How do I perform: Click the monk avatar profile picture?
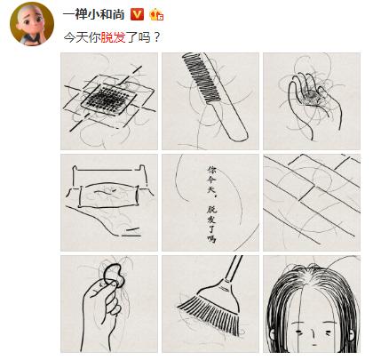pos(32,24)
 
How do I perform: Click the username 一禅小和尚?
pos(93,14)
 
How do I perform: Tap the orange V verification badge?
pos(137,14)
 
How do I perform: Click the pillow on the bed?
pos(108,195)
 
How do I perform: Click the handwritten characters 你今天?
pos(212,180)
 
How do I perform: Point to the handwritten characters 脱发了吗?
pos(212,224)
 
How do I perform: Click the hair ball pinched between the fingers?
pos(115,275)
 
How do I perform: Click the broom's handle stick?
pos(234,269)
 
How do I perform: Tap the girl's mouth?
pos(313,345)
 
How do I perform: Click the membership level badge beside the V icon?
pos(156,14)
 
